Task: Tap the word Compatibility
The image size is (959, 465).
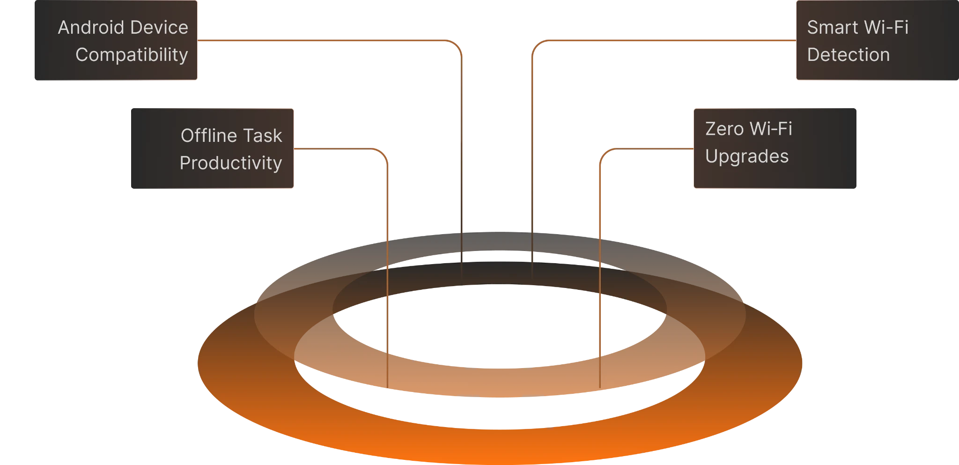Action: (132, 55)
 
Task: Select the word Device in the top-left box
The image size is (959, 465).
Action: (163, 28)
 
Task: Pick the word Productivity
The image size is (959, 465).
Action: (231, 163)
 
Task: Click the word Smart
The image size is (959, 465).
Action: (831, 28)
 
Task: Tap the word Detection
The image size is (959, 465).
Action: (848, 55)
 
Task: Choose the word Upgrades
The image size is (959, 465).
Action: (747, 156)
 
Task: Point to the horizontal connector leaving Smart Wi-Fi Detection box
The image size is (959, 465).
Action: (665, 41)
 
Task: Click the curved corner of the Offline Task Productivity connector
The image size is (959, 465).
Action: (384, 153)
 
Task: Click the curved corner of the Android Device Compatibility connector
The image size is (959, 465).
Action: (458, 46)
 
